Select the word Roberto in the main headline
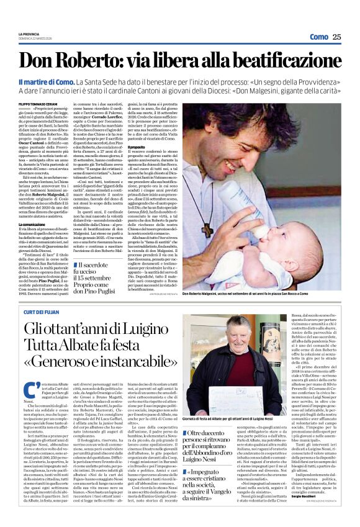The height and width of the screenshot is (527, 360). [94, 61]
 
